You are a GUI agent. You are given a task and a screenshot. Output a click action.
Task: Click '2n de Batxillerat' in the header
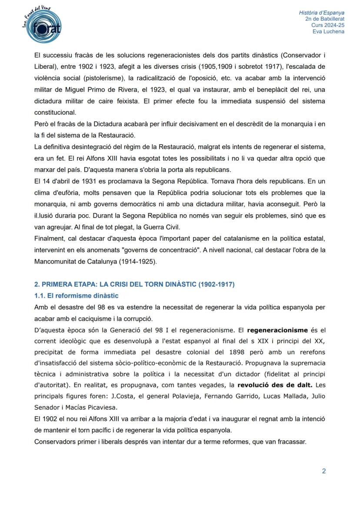[x=325, y=19]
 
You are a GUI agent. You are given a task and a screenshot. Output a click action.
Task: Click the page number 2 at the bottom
[x=323, y=471]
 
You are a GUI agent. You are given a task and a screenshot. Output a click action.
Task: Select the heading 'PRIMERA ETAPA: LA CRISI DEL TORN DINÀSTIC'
[x=134, y=285]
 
